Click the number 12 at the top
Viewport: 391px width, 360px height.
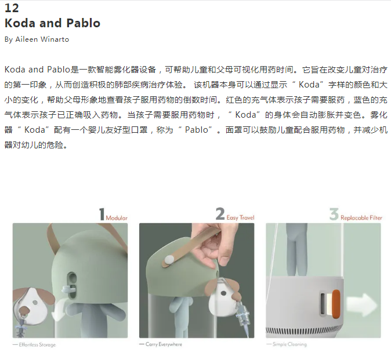(x=12, y=8)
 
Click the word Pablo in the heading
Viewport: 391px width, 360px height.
(x=84, y=23)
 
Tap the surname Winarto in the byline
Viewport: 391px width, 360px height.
(x=55, y=39)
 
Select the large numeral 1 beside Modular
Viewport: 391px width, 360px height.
(x=102, y=214)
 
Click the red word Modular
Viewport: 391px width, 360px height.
(x=117, y=218)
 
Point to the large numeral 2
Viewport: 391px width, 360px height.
(x=220, y=214)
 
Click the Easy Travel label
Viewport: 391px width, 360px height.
(x=240, y=217)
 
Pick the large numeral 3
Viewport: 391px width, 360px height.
(x=334, y=214)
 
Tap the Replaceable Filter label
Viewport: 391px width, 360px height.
(x=361, y=218)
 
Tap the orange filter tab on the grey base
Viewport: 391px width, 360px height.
(x=336, y=304)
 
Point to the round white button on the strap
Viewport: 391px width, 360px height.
(x=169, y=260)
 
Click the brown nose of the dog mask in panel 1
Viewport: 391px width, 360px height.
(x=25, y=310)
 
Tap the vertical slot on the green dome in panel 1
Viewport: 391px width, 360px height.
(x=72, y=285)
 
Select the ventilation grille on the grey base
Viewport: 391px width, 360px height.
(x=305, y=330)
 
